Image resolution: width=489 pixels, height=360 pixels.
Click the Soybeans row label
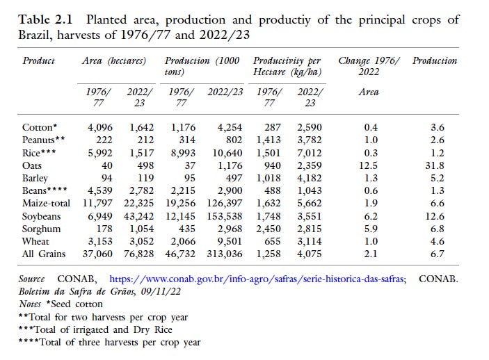click(42, 216)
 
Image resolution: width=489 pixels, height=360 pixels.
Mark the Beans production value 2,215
click(184, 191)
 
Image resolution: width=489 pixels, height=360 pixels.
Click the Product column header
click(39, 61)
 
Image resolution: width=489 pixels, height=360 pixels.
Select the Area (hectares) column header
click(115, 61)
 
